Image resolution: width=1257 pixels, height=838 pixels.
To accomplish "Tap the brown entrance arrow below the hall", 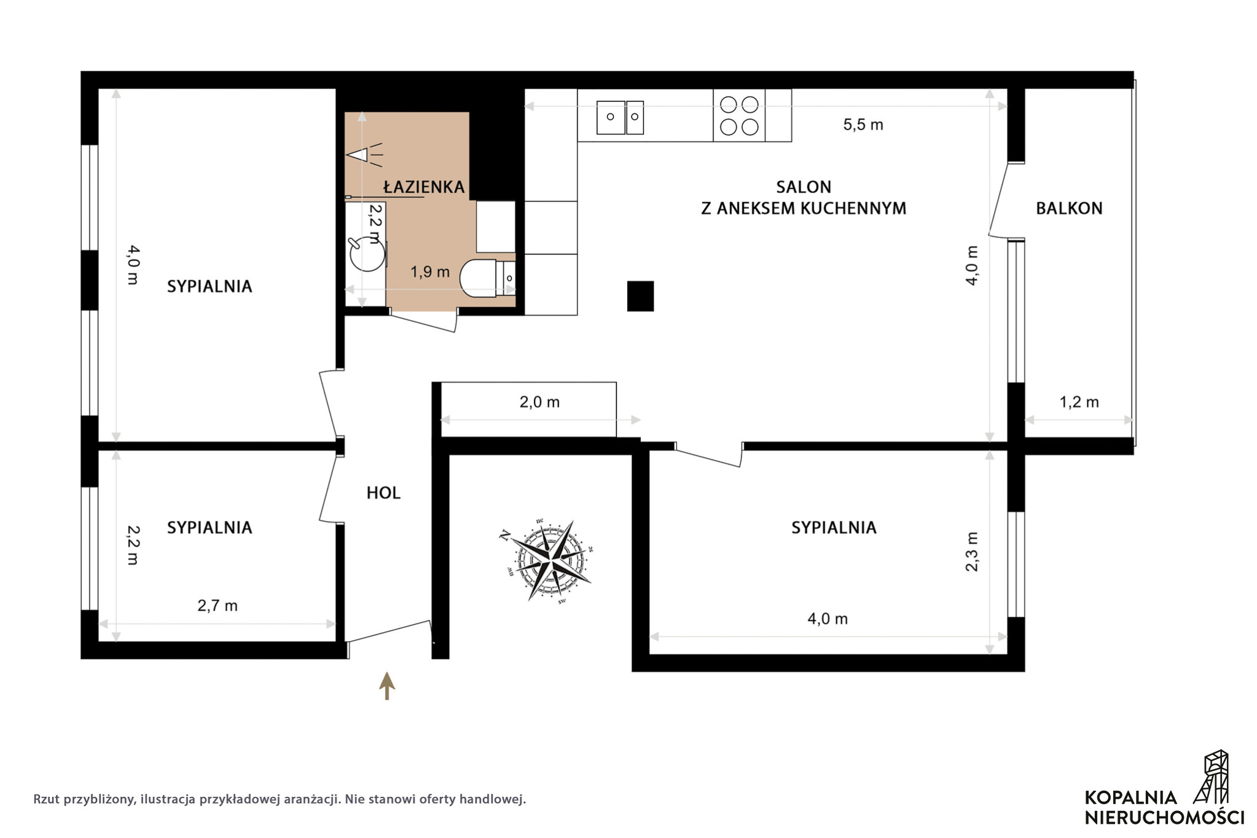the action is [386, 686].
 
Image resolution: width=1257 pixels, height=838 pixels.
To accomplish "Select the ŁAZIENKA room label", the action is [424, 186].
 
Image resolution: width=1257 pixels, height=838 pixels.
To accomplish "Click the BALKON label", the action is [1069, 208].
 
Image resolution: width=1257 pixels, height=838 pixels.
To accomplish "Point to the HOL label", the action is [383, 493].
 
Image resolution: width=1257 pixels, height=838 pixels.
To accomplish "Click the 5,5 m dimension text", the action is [863, 125].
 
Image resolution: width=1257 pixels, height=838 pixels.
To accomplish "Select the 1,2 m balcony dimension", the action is [1079, 402].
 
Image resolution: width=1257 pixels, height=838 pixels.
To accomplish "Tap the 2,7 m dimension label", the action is [217, 606].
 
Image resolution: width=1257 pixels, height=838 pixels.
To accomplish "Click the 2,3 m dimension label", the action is [971, 552].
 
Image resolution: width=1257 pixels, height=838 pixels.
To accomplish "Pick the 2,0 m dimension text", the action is [539, 402].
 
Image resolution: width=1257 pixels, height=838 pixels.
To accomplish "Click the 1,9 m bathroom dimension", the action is [430, 272].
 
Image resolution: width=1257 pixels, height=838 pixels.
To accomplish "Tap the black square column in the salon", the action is [640, 296].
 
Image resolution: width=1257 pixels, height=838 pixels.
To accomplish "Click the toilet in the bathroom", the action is [488, 278].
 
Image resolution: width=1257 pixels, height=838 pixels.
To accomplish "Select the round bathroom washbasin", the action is [367, 254].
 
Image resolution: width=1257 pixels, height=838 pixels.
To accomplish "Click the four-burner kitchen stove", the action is [739, 116].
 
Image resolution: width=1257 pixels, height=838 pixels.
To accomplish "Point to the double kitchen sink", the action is [620, 117].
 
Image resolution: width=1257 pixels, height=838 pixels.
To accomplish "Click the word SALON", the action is [804, 187].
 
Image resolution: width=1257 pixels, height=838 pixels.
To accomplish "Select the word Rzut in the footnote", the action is [47, 799].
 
